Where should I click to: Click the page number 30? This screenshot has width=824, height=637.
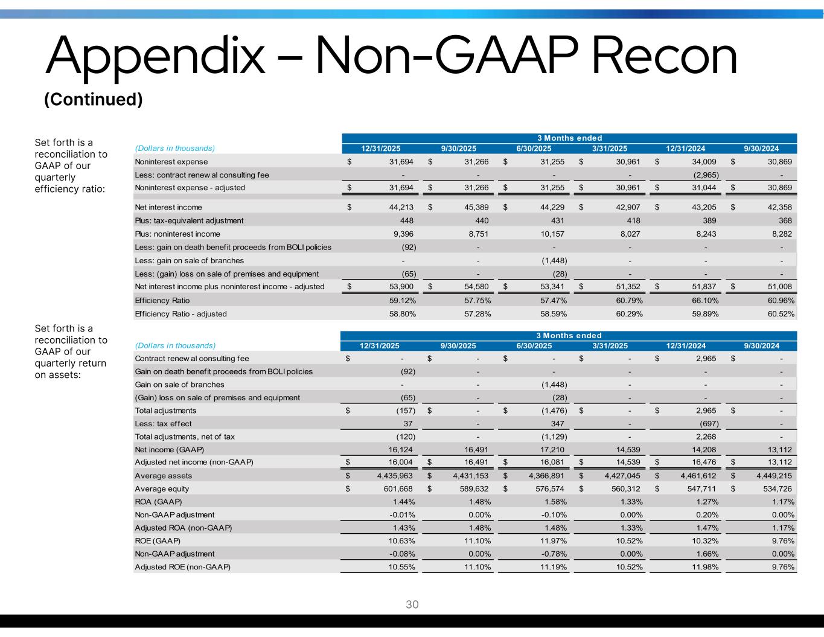412,604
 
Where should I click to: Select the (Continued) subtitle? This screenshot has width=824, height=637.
94,99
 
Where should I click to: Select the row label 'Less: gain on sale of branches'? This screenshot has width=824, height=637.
190,261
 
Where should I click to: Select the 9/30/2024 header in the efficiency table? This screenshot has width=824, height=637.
761,149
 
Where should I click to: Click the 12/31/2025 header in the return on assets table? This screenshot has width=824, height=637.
380,346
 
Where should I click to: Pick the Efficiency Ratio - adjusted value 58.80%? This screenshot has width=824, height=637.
400,314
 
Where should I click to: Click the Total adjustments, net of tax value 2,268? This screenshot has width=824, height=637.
704,437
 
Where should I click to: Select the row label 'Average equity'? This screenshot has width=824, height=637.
162,489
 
